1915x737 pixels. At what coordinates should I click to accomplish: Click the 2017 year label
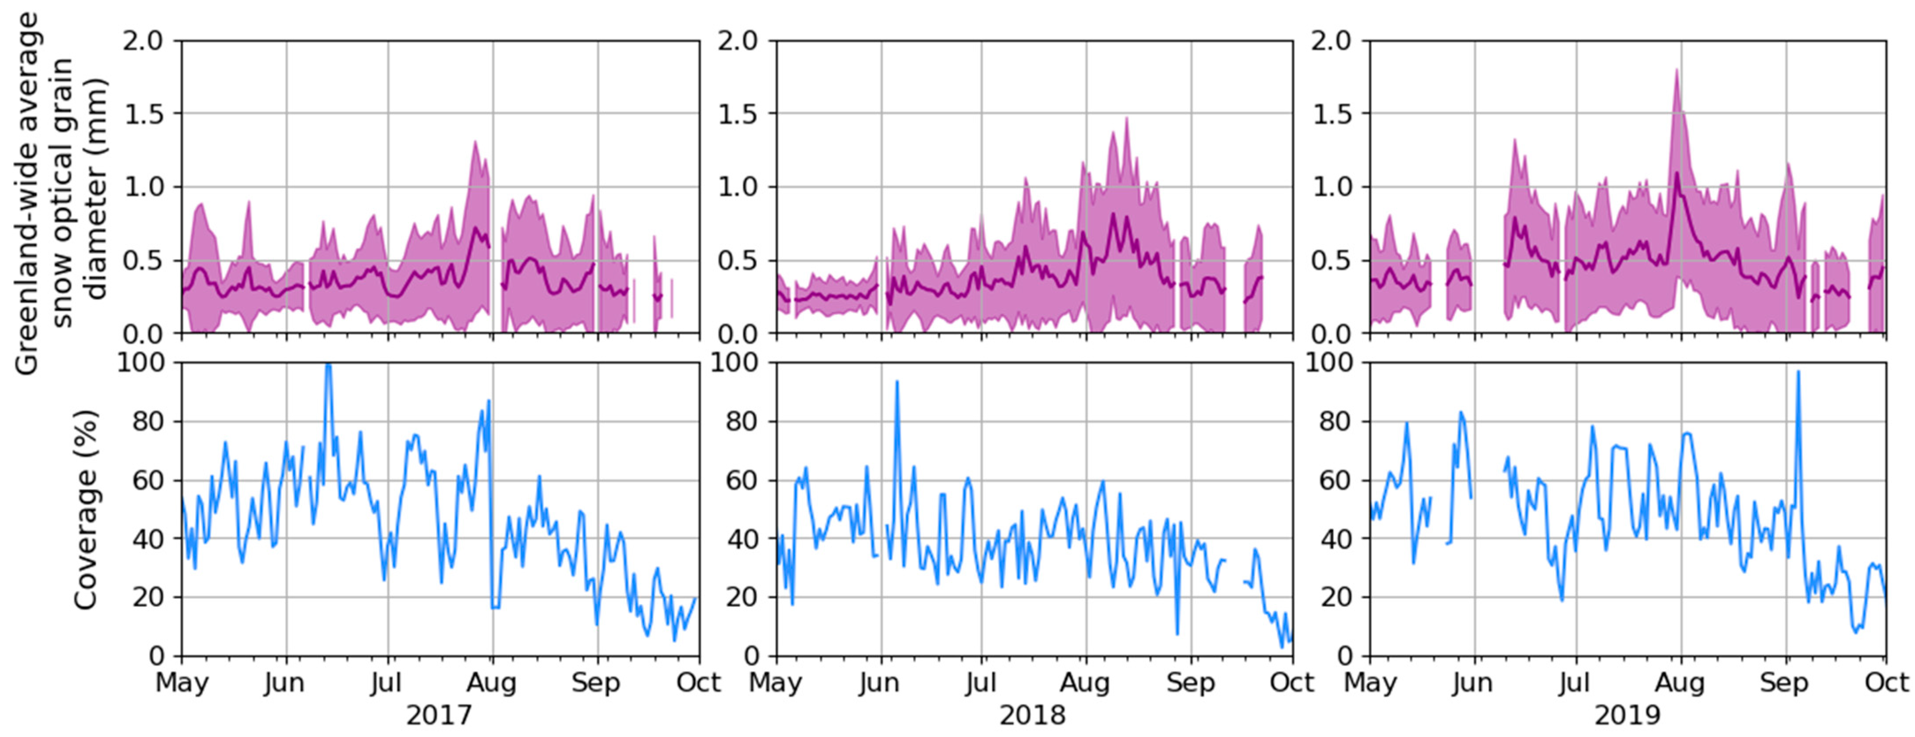pos(439,715)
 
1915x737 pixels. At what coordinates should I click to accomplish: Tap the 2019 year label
pos(1627,715)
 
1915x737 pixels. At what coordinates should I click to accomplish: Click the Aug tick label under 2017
pos(492,683)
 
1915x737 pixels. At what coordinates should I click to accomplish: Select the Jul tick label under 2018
pos(981,683)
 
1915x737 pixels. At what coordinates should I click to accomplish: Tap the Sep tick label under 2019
pos(1784,683)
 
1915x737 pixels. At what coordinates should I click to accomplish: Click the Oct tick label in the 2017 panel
pos(698,683)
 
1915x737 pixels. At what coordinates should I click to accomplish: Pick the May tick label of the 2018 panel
pos(776,683)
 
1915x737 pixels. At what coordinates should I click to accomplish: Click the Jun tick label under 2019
pos(1472,683)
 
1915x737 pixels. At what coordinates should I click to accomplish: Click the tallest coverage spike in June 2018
pos(897,382)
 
